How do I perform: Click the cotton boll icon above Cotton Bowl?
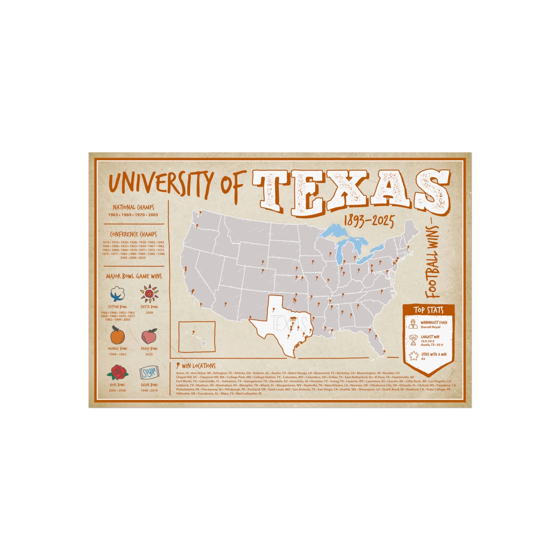[117, 294]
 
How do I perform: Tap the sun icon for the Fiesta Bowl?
[149, 293]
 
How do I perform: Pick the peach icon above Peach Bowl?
[149, 335]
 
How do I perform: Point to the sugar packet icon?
[149, 372]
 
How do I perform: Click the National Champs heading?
[133, 207]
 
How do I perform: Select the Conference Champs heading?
[133, 234]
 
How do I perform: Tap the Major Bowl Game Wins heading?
[134, 276]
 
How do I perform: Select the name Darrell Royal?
[431, 327]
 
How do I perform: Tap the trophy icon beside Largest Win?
[413, 340]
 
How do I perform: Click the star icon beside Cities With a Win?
[413, 356]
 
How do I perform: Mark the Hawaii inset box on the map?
[197, 336]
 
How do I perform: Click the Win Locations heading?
[198, 365]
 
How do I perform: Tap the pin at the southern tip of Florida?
[384, 352]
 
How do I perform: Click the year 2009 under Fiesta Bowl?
[149, 312]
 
